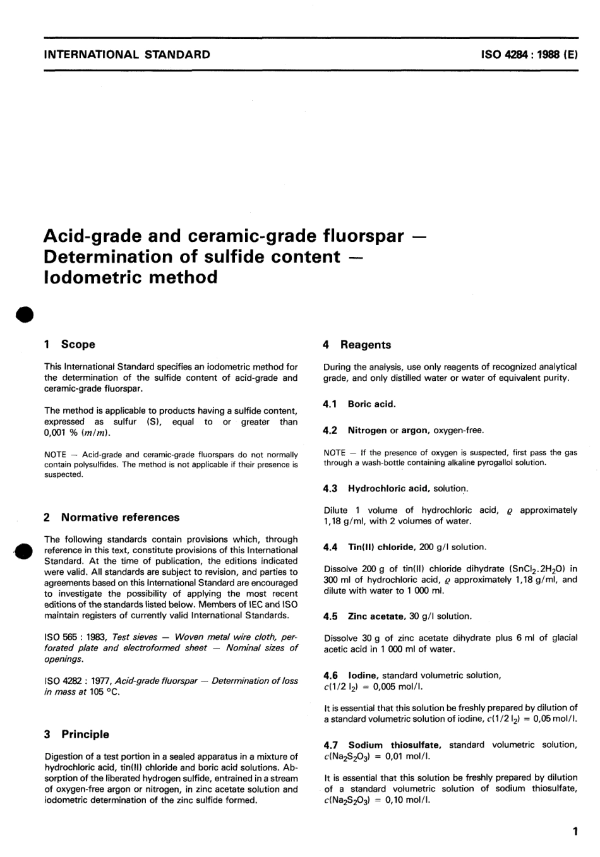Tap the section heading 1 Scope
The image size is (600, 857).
(x=69, y=344)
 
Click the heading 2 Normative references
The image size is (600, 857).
(x=112, y=517)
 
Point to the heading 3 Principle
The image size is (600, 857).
(x=76, y=734)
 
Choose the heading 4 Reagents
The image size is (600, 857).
(x=357, y=345)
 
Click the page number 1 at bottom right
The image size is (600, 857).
(x=574, y=832)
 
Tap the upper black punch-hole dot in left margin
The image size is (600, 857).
(x=24, y=315)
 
